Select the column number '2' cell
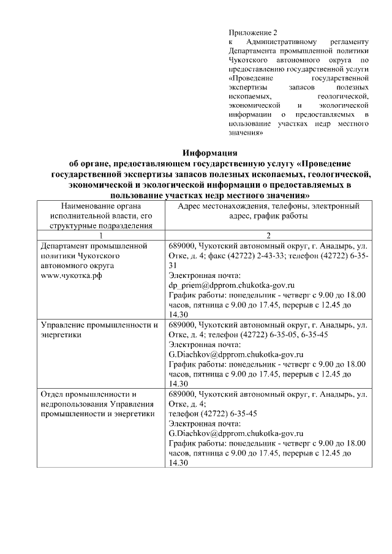tap(268, 236)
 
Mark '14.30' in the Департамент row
tap(178, 314)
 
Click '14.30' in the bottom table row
tap(178, 463)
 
